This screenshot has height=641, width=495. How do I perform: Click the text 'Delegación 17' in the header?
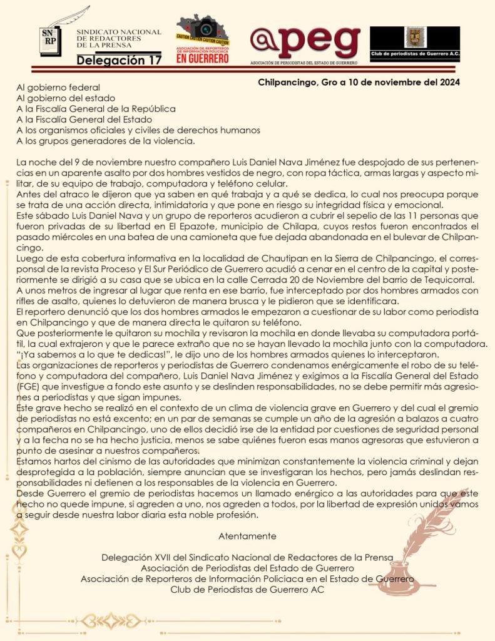point(119,60)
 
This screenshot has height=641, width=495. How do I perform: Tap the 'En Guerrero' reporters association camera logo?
point(202,39)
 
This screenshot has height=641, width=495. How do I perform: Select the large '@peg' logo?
point(305,41)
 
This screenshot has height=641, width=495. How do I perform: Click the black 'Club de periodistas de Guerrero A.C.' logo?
point(414,44)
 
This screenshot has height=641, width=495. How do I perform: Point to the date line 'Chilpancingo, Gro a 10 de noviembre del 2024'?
point(359,82)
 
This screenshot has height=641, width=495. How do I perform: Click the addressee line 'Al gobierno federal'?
point(58,87)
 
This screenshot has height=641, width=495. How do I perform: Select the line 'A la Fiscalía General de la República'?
point(96,108)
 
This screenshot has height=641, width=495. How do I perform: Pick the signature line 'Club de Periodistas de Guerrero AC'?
point(247,589)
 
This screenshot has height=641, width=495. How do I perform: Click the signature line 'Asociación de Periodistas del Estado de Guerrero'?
point(247,568)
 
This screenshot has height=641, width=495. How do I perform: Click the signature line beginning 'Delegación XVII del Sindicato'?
point(247,556)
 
